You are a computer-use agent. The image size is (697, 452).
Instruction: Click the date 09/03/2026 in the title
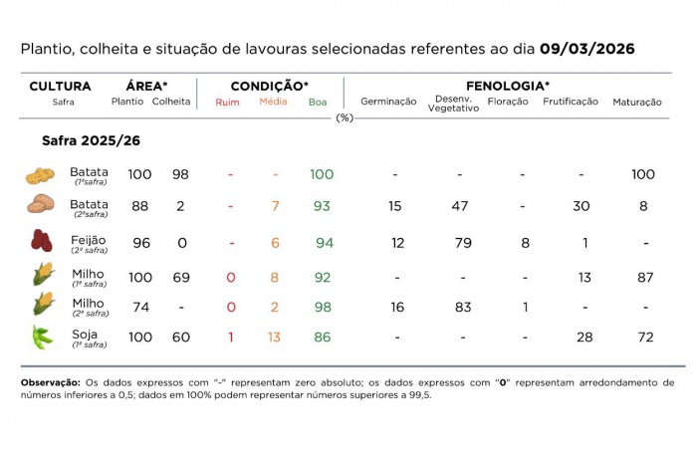587,49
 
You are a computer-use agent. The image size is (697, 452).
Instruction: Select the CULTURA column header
60,87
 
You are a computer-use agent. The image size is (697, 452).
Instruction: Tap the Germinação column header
388,103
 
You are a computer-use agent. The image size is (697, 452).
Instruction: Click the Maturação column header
637,103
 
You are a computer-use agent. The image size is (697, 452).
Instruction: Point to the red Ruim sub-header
227,103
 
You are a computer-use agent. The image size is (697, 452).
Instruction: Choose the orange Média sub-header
274,102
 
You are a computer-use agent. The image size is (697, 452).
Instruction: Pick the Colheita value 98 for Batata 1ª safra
179,174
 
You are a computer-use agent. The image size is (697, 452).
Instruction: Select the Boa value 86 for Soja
321,338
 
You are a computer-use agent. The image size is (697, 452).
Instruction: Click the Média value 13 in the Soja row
274,338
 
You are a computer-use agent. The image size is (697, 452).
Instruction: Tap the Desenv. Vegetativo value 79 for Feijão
460,243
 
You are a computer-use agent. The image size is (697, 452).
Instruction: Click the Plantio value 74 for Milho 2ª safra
139,308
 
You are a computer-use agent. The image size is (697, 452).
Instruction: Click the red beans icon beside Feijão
40,242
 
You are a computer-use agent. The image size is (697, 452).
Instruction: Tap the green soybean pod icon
41,337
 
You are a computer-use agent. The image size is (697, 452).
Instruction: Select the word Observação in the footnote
50,382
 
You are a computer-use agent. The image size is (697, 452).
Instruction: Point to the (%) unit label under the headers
345,117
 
